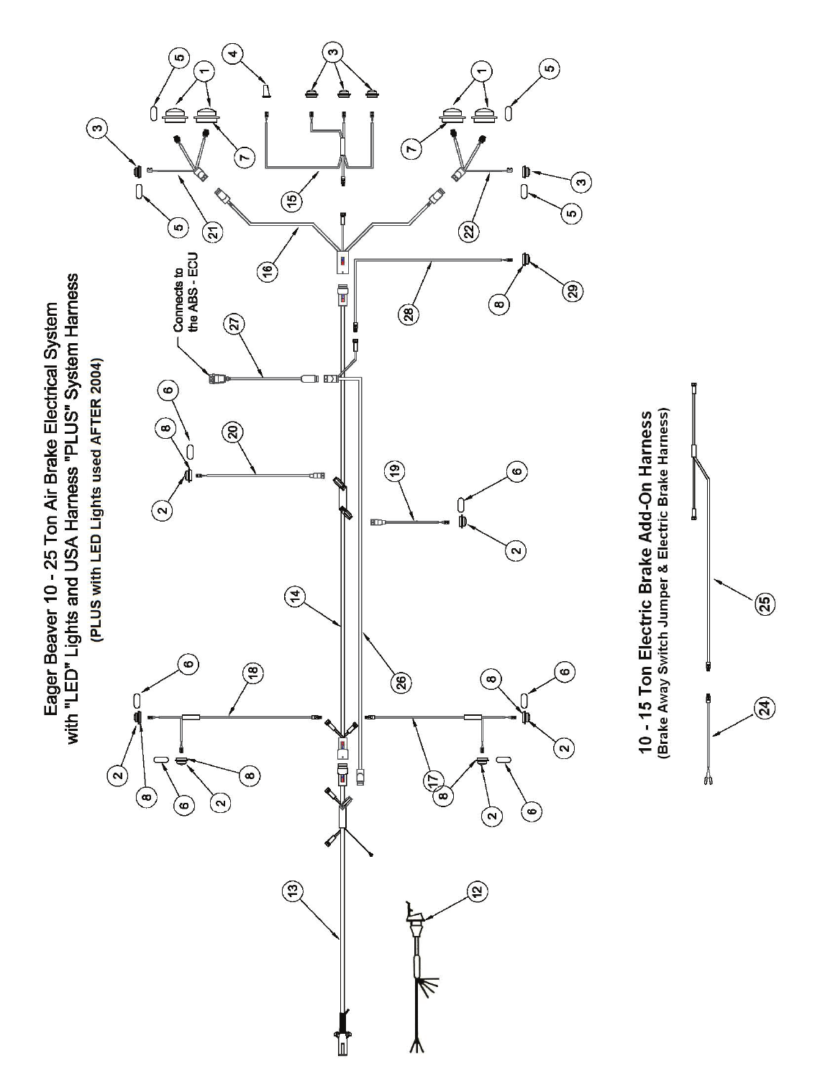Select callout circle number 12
tap(476, 891)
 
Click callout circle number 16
tap(268, 270)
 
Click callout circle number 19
tap(395, 472)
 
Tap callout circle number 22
tap(468, 230)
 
